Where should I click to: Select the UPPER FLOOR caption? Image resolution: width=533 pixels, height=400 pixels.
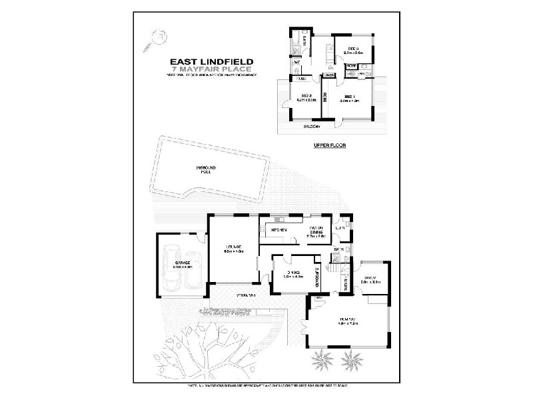pyautogui.click(x=327, y=145)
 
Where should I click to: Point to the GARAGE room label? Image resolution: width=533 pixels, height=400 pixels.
pyautogui.click(x=183, y=264)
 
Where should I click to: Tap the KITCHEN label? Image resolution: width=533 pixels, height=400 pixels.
pyautogui.click(x=279, y=230)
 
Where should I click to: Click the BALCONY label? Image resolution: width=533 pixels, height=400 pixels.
pyautogui.click(x=312, y=125)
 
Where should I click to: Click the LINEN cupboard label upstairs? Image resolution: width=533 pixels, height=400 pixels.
pyautogui.click(x=329, y=76)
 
